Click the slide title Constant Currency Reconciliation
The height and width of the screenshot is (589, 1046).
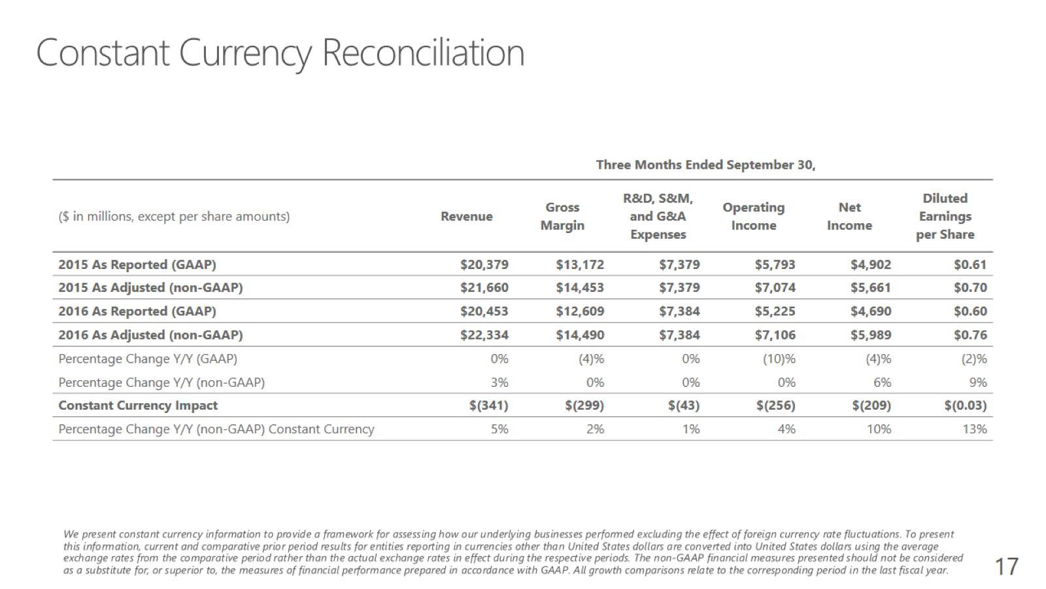point(280,52)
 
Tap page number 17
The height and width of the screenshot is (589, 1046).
point(1006,566)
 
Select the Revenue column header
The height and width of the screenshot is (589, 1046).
point(466,217)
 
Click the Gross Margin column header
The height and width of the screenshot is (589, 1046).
point(562,217)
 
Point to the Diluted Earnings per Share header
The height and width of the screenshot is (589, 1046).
point(945,217)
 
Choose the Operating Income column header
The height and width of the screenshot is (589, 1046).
point(753,217)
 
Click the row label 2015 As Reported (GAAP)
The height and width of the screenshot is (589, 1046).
point(137,264)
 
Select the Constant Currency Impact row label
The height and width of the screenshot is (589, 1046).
point(138,406)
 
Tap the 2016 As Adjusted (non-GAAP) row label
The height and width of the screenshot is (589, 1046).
point(150,335)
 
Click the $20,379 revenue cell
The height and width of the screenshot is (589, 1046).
point(484,264)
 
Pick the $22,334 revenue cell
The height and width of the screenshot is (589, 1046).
point(484,335)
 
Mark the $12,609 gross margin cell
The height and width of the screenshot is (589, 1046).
point(580,312)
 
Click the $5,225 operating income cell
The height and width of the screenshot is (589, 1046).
point(775,312)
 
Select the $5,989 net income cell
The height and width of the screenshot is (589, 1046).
point(870,335)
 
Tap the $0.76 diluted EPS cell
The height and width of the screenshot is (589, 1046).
point(970,335)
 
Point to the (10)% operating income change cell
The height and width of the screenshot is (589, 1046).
point(779,359)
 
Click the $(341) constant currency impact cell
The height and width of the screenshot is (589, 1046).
point(488,406)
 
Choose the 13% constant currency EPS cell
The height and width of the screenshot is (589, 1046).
point(974,429)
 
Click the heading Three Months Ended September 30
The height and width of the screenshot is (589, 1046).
point(705,165)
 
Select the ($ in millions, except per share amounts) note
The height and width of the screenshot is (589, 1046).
point(174,217)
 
